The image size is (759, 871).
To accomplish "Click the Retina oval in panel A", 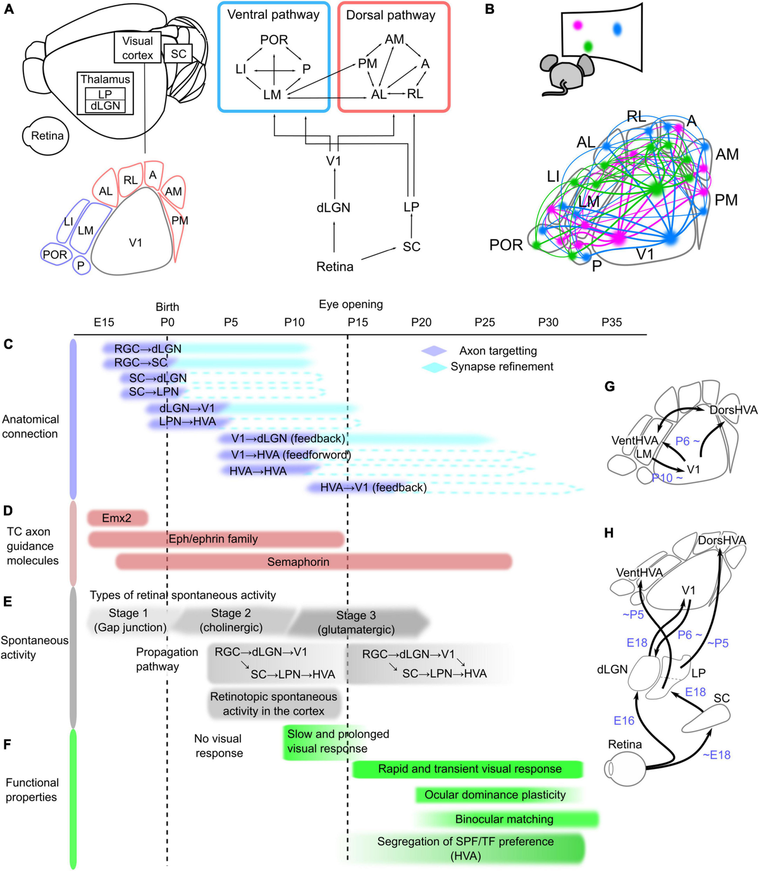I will coord(47,135).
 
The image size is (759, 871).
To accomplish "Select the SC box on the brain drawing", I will coord(178,54).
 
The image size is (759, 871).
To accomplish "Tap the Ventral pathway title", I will coord(273,15).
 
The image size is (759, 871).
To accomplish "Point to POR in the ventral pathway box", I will coord(274,40).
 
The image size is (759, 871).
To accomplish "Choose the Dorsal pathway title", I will coord(390,15).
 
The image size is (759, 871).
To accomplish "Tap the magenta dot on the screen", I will coord(577,25).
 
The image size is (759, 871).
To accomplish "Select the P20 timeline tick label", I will coord(421,322).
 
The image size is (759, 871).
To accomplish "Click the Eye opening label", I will coord(350,304).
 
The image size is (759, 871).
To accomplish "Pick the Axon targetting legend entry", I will coord(498,351).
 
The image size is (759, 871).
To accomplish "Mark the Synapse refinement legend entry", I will coord(502,367).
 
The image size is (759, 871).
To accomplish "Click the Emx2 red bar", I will coord(117,518).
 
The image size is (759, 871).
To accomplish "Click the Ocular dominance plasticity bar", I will coord(495,795).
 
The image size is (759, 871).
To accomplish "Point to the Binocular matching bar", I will coord(504,819).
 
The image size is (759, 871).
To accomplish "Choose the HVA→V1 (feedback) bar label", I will coord(373,487).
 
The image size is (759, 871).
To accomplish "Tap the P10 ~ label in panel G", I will coord(667,478).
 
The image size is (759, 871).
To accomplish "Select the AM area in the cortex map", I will coord(173,192).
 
